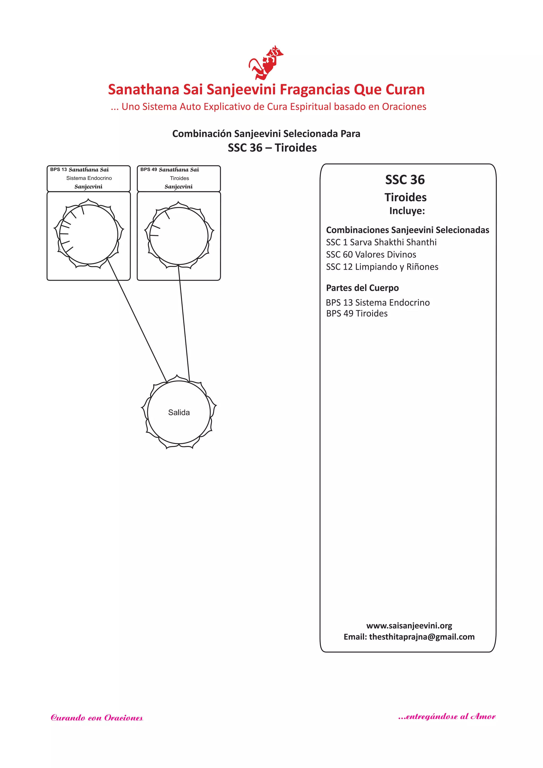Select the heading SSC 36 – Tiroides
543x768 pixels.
[x=272, y=147]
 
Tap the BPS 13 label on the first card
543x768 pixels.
[x=59, y=170]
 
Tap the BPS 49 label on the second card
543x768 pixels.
[x=148, y=170]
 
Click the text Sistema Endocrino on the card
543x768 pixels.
[x=89, y=178]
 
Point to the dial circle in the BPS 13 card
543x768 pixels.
[x=89, y=235]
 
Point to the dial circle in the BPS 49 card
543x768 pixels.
[x=179, y=236]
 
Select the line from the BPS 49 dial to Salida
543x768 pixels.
[x=184, y=323]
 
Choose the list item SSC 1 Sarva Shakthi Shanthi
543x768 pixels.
[x=381, y=242]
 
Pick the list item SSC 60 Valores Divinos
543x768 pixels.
[x=371, y=255]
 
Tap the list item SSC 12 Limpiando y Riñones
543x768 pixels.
[x=382, y=267]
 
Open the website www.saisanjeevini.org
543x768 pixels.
[x=409, y=626]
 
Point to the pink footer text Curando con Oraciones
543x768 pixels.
[x=97, y=718]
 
